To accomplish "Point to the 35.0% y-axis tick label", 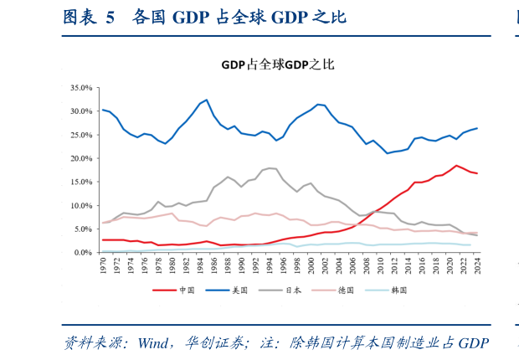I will click(81, 87).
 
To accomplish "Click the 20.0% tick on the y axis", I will click(81, 158).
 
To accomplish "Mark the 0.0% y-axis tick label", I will click(83, 252).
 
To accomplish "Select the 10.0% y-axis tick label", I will click(81, 205).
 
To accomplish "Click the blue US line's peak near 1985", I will click(207, 100).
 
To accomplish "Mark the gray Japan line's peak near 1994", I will click(269, 168).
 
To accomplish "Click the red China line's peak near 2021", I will click(456, 166).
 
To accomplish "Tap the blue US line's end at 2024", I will click(477, 128).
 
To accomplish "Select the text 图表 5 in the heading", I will click(88, 18).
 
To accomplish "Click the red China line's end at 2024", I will click(477, 173).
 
